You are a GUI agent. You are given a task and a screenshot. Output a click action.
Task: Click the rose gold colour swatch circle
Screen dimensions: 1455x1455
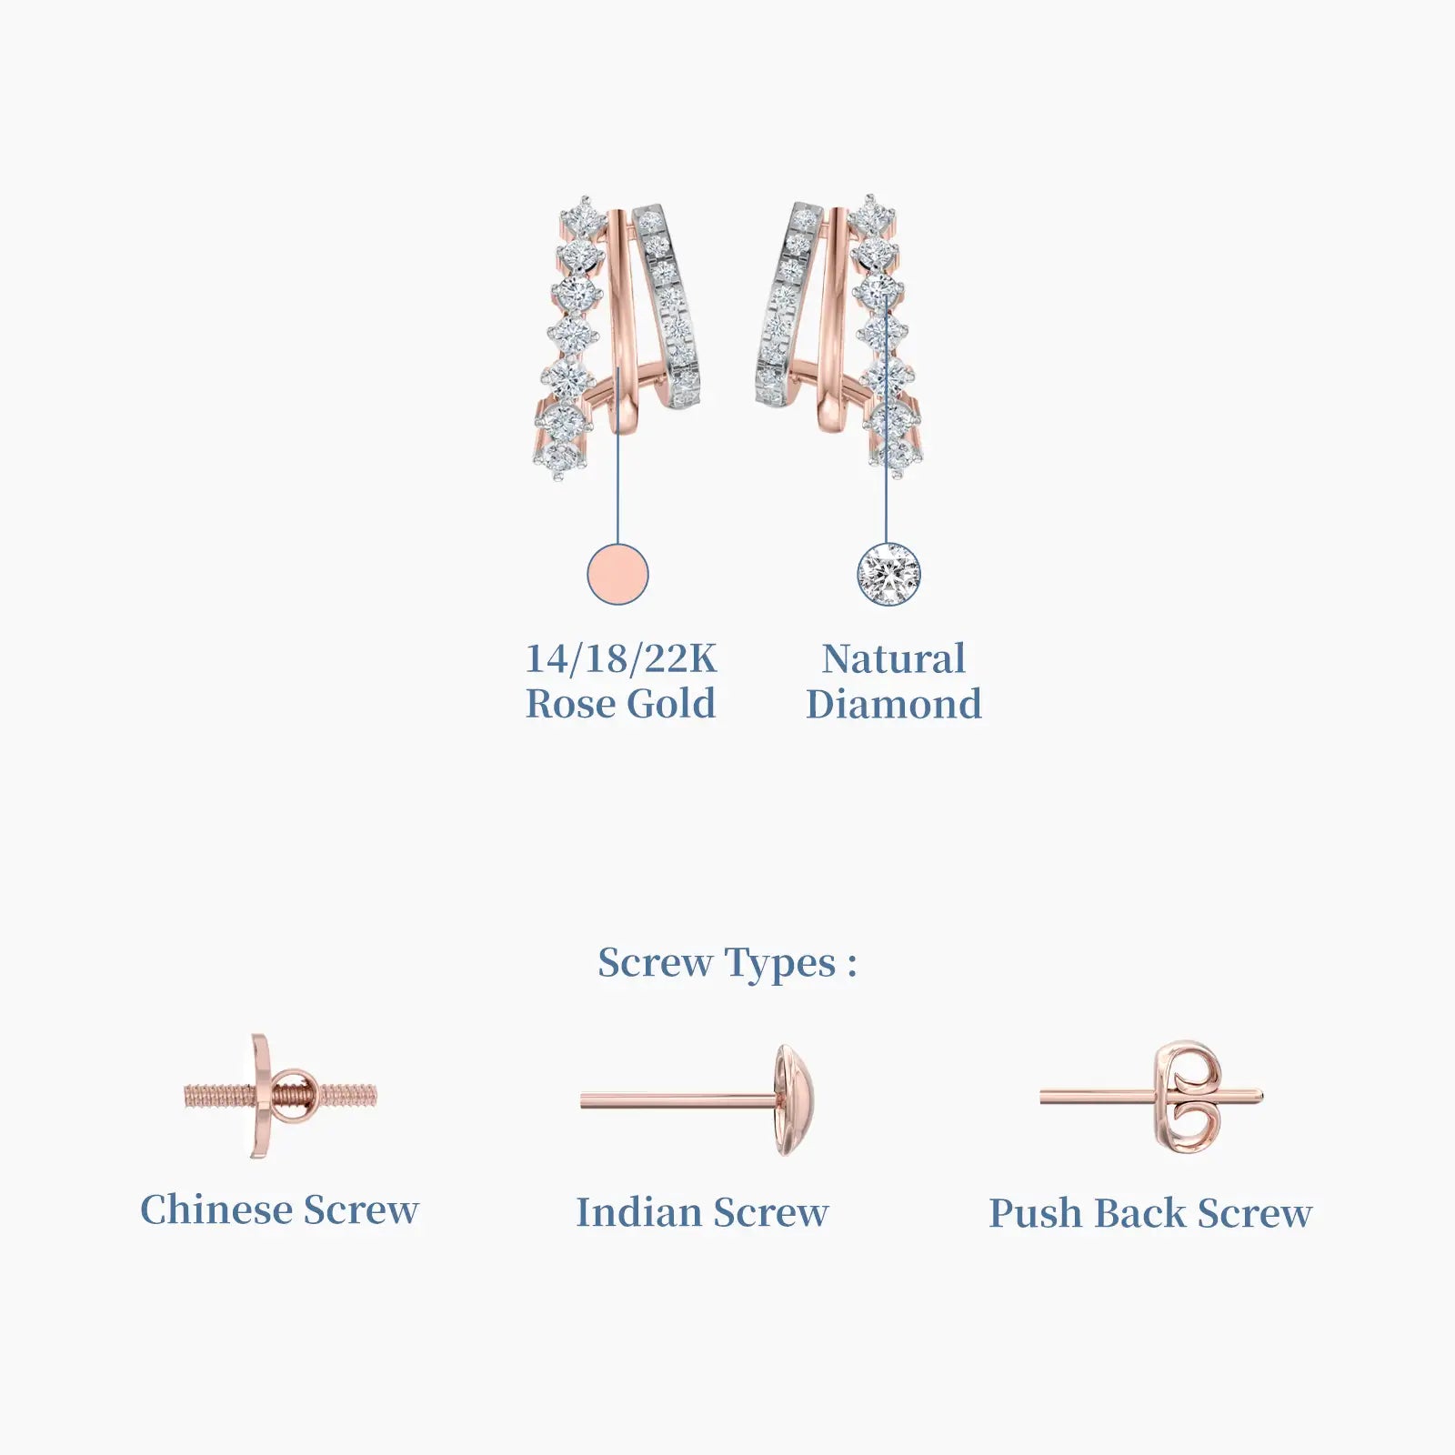click(x=617, y=574)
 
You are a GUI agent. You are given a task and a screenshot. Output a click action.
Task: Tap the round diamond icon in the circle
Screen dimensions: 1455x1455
click(x=888, y=574)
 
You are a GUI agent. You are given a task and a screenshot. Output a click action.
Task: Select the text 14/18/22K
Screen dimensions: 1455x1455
click(x=621, y=658)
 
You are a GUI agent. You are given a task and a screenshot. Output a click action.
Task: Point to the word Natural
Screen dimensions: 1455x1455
click(x=893, y=658)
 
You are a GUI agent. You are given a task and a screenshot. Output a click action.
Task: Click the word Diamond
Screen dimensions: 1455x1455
click(x=893, y=704)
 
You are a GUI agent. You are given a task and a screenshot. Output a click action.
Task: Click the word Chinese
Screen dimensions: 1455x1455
click(x=216, y=1209)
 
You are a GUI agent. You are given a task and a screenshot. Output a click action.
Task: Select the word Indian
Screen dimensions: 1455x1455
click(x=639, y=1212)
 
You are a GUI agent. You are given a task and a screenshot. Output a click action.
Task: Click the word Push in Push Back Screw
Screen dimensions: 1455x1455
click(x=1036, y=1212)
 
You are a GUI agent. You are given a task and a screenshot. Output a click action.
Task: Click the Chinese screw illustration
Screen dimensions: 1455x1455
click(x=280, y=1096)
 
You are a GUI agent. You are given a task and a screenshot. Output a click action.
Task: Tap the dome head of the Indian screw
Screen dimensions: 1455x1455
click(x=794, y=1100)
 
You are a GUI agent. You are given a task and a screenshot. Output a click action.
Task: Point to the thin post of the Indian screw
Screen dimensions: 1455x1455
click(x=677, y=1100)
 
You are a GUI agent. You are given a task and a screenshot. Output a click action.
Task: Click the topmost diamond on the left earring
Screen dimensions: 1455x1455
click(x=582, y=216)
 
